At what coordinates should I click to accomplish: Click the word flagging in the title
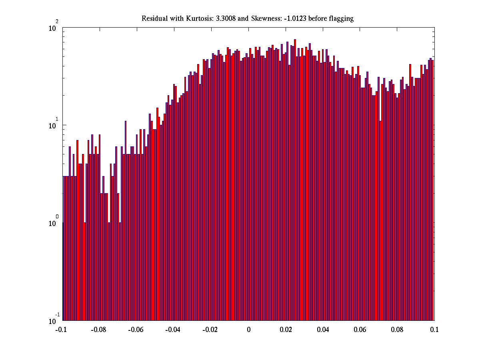point(340,19)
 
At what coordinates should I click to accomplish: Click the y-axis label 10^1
point(54,125)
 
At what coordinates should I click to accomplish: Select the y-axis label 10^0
point(54,222)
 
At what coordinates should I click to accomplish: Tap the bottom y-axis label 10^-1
point(54,320)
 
